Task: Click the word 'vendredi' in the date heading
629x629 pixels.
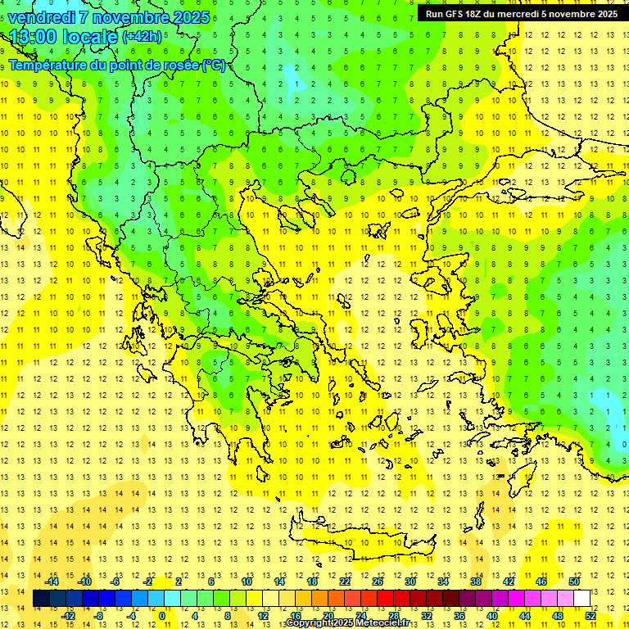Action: [x=41, y=17]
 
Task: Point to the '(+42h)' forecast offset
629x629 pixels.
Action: [x=142, y=37]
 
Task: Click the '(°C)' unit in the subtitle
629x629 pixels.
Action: [x=213, y=65]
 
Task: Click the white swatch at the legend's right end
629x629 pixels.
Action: [x=581, y=599]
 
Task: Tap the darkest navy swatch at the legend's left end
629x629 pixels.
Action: [x=41, y=599]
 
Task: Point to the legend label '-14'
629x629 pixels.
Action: [x=52, y=581]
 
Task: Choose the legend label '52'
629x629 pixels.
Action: [x=591, y=616]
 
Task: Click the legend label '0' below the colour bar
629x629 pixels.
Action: [x=162, y=616]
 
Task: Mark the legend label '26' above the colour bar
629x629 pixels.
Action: [x=378, y=581]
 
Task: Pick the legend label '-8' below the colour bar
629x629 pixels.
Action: [x=99, y=616]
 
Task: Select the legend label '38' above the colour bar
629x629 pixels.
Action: [x=475, y=581]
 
